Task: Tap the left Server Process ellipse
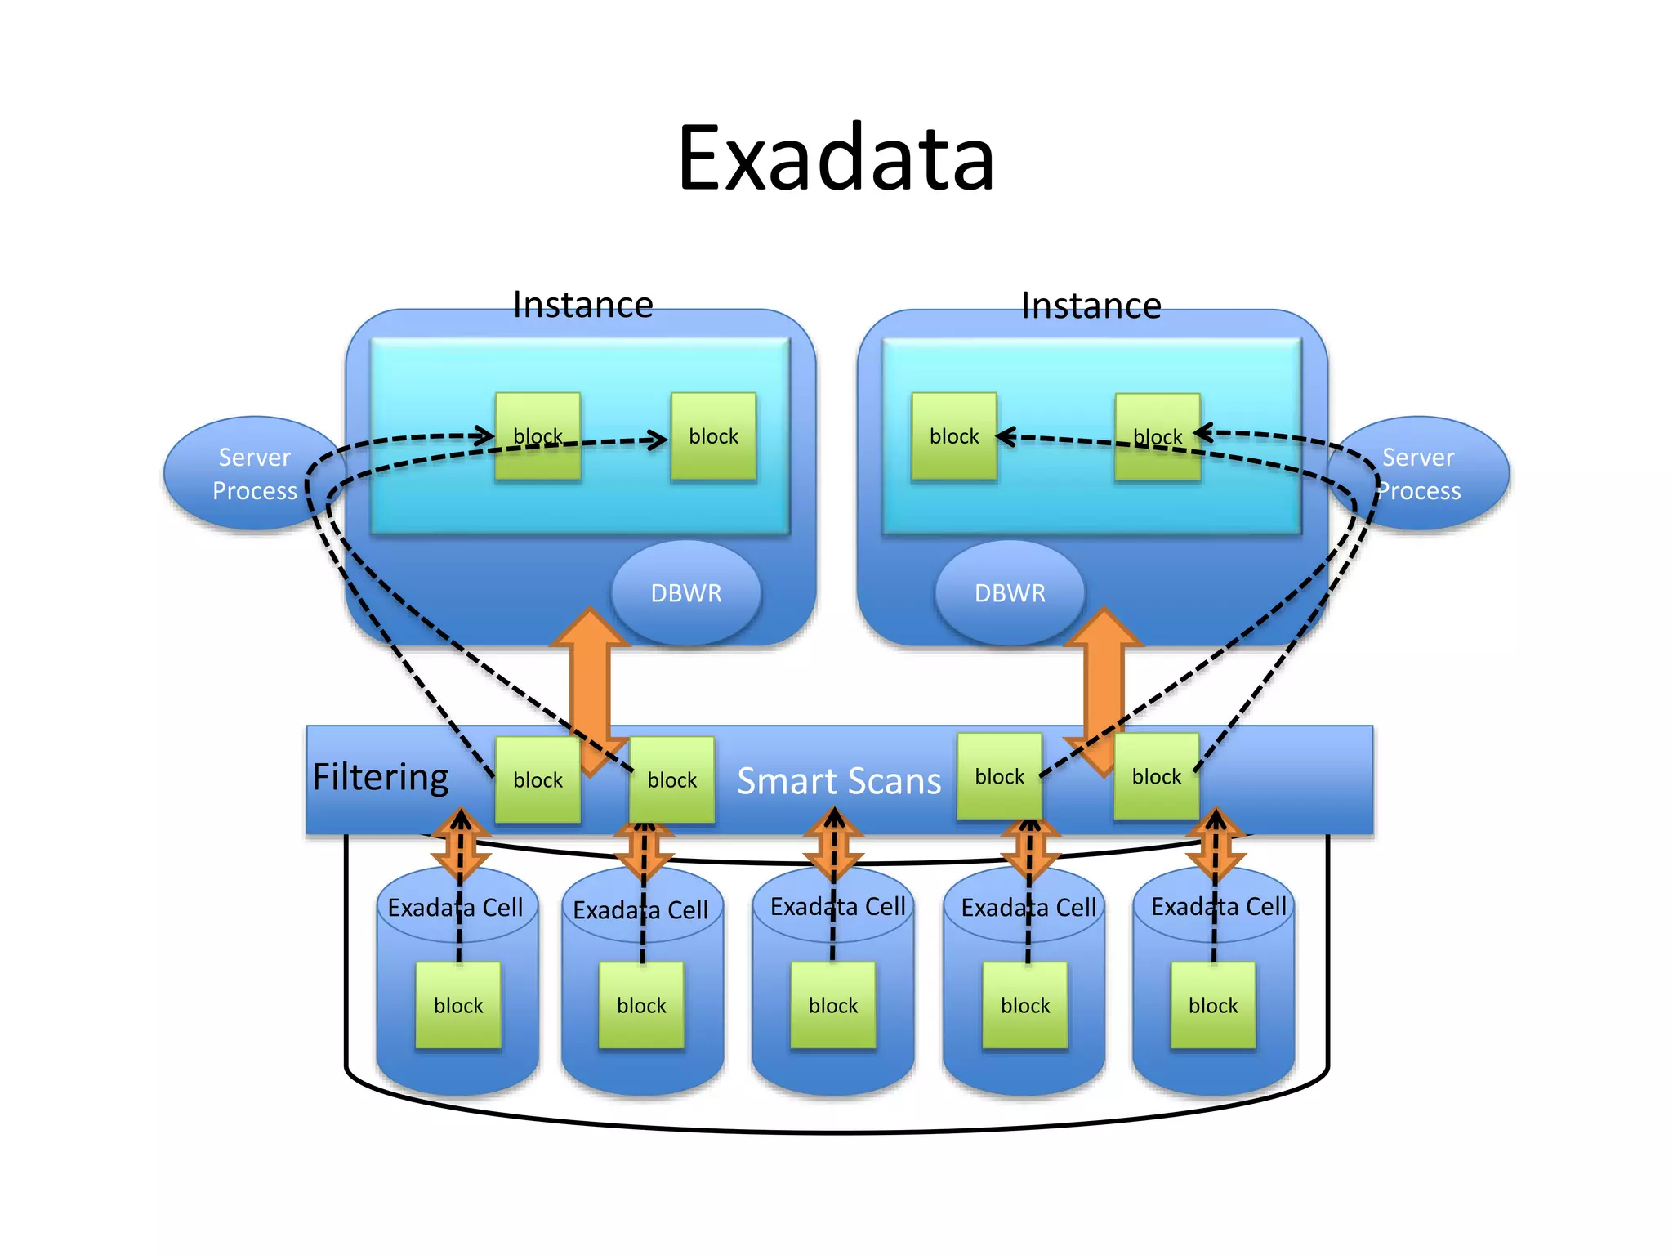coord(245,474)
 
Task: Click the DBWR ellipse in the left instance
coord(686,592)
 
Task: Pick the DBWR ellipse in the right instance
coord(1010,592)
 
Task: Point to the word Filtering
coord(381,777)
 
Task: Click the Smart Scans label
coord(839,781)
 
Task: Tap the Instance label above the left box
coord(582,305)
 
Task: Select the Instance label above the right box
coord(1091,306)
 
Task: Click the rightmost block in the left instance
coord(713,436)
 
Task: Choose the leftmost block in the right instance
coord(954,436)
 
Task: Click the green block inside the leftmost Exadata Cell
coord(458,1005)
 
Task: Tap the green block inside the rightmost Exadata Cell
coord(1213,1005)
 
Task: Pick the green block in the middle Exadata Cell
coord(833,1005)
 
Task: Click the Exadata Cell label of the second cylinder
coord(640,910)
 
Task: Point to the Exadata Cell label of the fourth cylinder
coord(1028,908)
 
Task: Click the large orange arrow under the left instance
coord(590,678)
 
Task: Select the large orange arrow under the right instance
coord(1104,678)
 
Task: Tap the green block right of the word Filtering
coord(538,780)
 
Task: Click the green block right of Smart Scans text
coord(999,776)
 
